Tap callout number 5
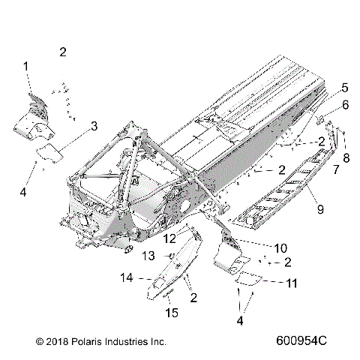tap(344, 87)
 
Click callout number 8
tap(346, 157)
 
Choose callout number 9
tap(319, 210)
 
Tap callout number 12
tap(170, 238)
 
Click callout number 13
tap(148, 256)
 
